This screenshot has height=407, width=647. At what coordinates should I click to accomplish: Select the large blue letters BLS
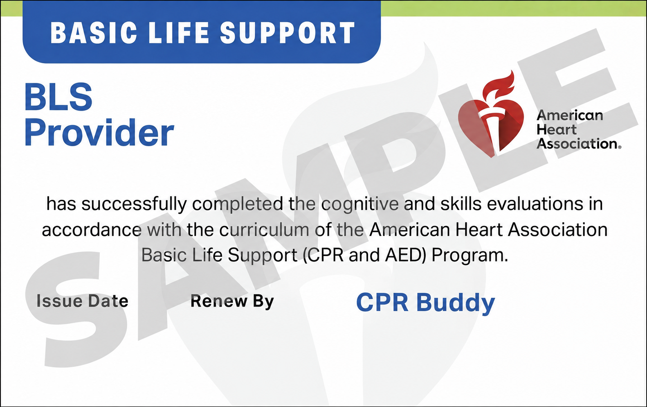(58, 97)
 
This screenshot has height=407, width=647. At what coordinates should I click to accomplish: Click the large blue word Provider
(99, 132)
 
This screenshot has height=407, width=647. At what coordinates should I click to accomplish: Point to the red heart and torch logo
(491, 114)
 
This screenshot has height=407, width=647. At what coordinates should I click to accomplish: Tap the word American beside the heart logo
(570, 115)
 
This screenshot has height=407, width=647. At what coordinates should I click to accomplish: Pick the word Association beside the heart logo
(577, 143)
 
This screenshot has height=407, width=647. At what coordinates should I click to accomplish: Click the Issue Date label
(82, 301)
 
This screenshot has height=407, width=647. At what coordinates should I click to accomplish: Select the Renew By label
(232, 301)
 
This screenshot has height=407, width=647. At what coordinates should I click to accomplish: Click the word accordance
(92, 230)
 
